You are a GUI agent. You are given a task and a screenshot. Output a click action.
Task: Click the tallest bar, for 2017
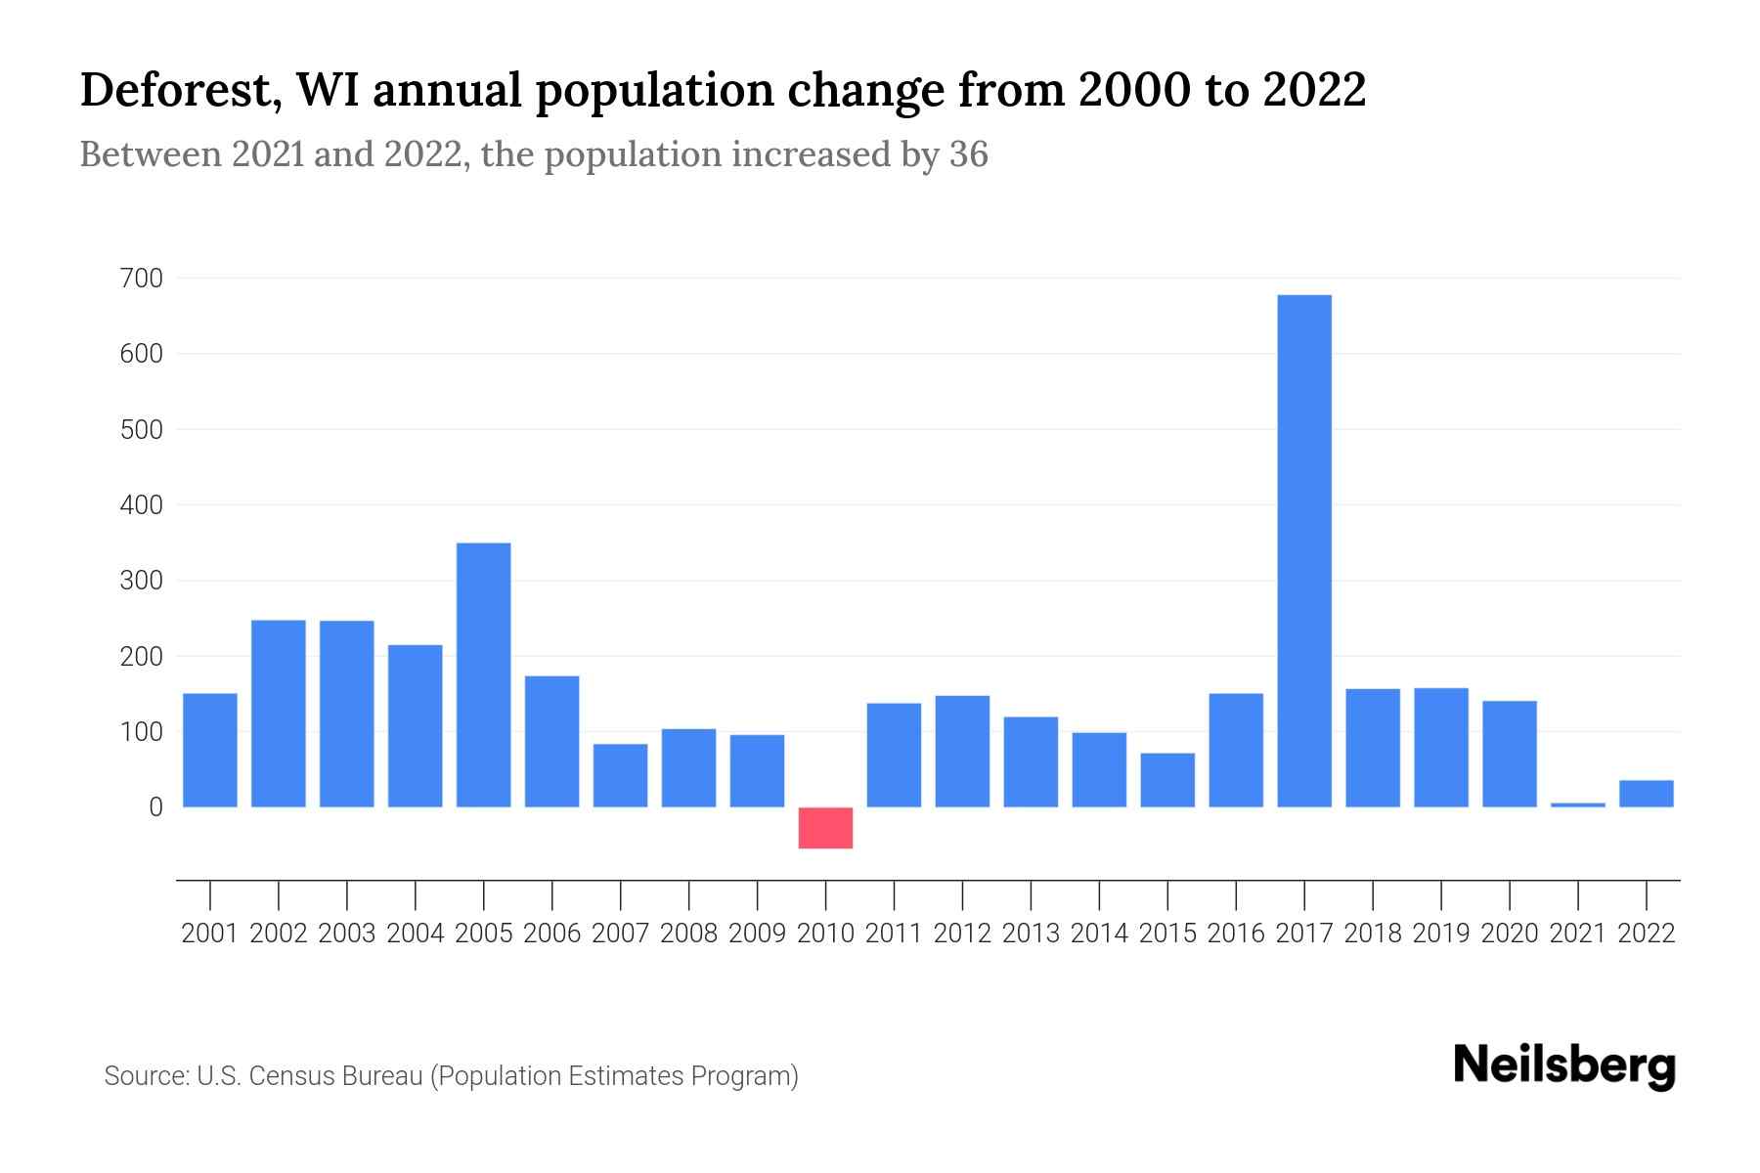click(x=1304, y=550)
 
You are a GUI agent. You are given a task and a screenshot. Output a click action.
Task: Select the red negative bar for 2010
click(x=825, y=828)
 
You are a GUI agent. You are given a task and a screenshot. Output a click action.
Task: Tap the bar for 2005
click(x=484, y=674)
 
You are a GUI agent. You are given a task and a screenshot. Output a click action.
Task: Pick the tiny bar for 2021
click(x=1578, y=804)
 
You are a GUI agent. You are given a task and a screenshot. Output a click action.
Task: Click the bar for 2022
click(x=1647, y=793)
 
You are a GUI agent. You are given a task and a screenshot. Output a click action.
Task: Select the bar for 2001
click(x=210, y=750)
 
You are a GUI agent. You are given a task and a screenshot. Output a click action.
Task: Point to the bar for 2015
click(x=1167, y=779)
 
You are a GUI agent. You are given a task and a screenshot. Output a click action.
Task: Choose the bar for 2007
click(x=621, y=775)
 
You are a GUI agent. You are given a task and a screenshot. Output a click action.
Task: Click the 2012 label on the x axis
click(x=962, y=934)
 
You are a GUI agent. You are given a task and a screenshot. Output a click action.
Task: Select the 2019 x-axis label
click(x=1441, y=934)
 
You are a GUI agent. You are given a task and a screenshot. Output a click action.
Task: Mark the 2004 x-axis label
click(x=416, y=934)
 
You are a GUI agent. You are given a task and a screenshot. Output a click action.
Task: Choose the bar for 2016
click(x=1236, y=750)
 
